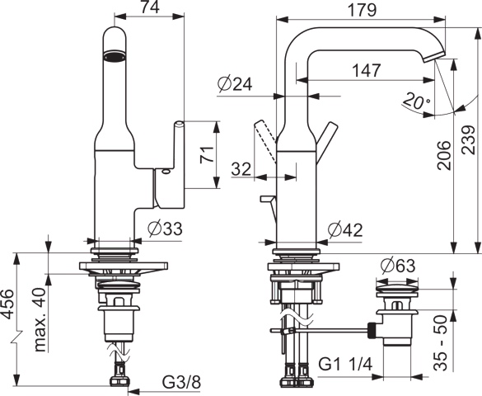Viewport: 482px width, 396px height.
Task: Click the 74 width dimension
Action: click(149, 8)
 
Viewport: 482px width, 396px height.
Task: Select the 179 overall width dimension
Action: click(363, 10)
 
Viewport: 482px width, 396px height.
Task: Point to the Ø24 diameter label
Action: click(234, 83)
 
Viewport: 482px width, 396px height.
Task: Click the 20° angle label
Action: click(417, 101)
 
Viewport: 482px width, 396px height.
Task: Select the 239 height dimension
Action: click(470, 139)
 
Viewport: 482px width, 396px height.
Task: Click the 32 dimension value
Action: click(241, 168)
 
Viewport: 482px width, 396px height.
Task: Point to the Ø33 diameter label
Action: click(164, 229)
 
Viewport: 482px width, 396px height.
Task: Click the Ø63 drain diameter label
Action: click(399, 266)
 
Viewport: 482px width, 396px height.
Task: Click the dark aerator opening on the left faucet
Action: click(114, 57)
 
